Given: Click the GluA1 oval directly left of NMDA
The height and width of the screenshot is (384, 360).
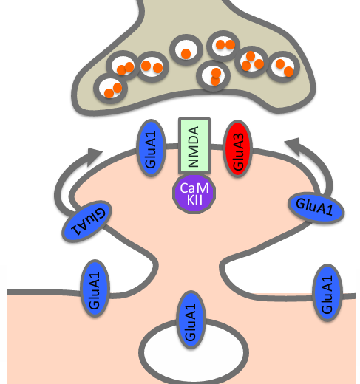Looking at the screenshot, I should [x=152, y=147].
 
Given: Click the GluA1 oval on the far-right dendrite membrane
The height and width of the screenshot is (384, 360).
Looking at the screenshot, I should [x=326, y=291].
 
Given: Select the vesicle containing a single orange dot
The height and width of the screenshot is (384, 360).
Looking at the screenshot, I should [x=186, y=52].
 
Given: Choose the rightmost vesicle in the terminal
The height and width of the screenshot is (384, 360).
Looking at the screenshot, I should [x=282, y=67].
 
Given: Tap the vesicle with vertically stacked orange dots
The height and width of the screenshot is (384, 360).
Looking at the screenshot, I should [x=214, y=75].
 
